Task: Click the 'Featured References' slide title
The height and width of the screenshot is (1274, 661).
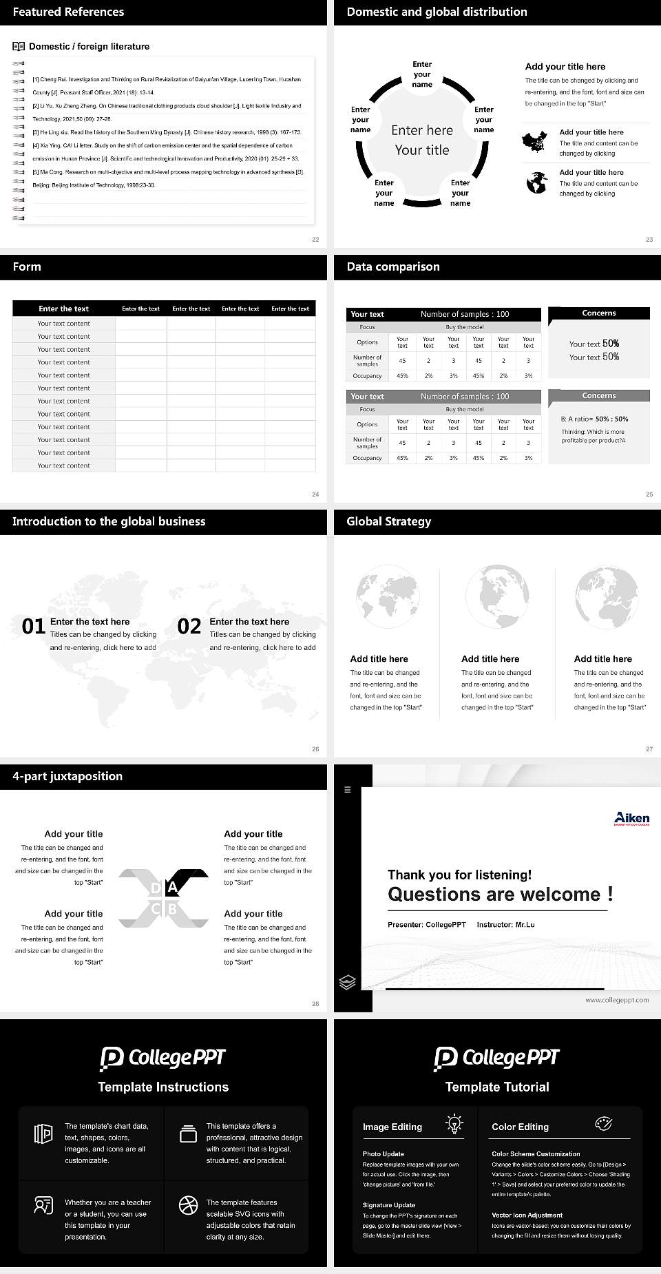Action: click(68, 12)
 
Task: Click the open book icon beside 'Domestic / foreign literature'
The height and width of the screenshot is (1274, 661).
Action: click(19, 47)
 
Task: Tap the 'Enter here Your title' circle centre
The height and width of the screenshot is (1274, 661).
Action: click(422, 140)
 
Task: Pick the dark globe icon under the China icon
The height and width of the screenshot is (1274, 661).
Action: click(537, 183)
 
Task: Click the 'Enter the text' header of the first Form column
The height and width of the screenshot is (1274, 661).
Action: click(64, 309)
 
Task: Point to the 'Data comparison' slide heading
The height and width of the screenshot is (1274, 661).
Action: click(393, 267)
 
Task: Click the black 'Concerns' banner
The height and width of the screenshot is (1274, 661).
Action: click(599, 313)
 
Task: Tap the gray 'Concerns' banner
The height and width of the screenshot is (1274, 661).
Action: click(599, 396)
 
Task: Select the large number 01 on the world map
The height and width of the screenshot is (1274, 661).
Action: click(34, 626)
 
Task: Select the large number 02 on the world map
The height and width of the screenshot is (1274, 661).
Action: click(189, 626)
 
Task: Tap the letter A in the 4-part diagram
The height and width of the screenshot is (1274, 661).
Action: click(172, 888)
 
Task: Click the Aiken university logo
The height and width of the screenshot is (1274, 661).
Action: click(631, 818)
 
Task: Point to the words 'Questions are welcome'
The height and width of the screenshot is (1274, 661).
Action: click(494, 895)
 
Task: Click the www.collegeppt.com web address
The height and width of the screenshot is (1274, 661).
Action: click(617, 1000)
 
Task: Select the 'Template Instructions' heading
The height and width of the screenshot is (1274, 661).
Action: click(163, 1087)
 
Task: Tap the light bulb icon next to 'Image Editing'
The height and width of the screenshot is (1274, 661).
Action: click(454, 1123)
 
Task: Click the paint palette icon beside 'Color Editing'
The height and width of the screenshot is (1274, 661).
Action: click(603, 1123)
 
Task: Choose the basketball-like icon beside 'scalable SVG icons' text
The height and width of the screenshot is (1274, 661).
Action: click(188, 1205)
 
